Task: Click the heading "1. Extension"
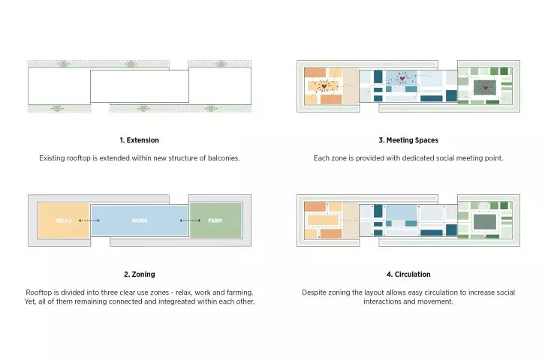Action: [x=139, y=140]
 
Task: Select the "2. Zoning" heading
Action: [x=139, y=274]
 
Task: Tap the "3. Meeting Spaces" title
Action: [x=408, y=140]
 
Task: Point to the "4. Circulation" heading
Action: [x=408, y=274]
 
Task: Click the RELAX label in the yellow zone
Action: [x=63, y=220]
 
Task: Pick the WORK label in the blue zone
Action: [x=140, y=220]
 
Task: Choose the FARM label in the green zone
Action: [x=215, y=220]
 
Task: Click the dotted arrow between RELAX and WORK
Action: [x=89, y=220]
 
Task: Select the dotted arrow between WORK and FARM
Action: [x=190, y=220]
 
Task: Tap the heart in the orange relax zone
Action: [x=324, y=85]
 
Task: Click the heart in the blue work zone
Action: [x=402, y=78]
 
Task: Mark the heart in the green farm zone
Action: [x=486, y=88]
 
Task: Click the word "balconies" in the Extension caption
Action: [x=223, y=158]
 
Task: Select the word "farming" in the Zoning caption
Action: [x=239, y=292]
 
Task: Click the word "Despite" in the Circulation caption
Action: [x=314, y=292]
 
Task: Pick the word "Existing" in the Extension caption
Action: [x=52, y=158]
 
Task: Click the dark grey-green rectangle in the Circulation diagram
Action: [x=484, y=222]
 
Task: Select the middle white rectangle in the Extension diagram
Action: [x=140, y=86]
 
